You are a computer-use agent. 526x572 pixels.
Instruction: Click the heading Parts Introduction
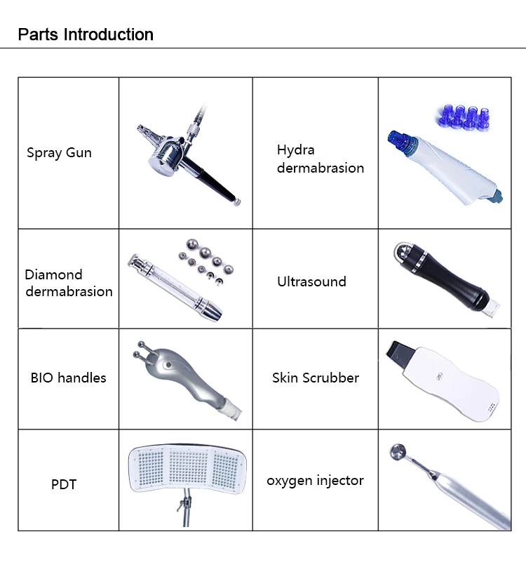(x=86, y=34)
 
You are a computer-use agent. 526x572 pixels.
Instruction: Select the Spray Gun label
(x=59, y=152)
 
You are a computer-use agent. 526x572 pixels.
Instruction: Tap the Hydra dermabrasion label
(x=320, y=159)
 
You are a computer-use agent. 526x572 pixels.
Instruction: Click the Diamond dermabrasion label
(x=69, y=283)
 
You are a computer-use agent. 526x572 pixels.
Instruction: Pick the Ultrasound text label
(x=311, y=281)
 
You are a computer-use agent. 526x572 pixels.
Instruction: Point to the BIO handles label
(x=68, y=378)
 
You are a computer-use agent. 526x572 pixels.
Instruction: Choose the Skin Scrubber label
(x=315, y=378)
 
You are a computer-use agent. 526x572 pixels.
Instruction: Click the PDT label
(x=63, y=484)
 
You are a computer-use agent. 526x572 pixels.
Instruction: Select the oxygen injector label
(x=315, y=481)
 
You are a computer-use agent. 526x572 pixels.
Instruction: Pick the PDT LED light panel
(x=186, y=467)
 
